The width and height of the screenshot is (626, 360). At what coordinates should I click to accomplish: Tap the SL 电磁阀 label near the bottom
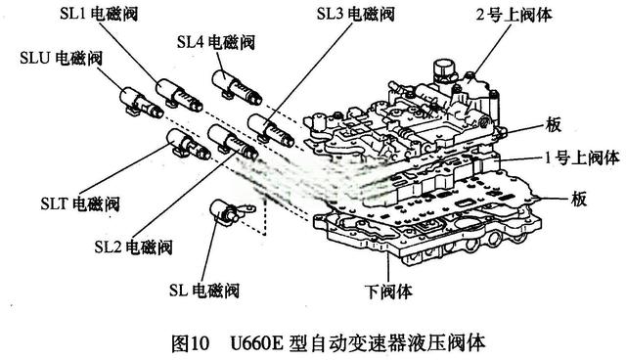(x=203, y=290)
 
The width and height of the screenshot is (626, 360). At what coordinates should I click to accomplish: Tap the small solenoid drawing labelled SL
(x=228, y=212)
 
